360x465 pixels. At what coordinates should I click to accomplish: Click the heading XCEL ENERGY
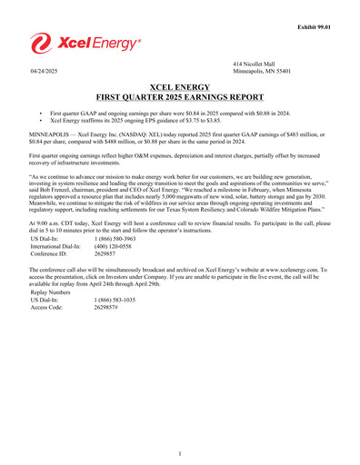coord(180,84)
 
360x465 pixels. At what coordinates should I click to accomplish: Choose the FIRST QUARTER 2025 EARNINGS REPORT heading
coord(180,94)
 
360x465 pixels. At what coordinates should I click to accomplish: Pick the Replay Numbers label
coord(51,293)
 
